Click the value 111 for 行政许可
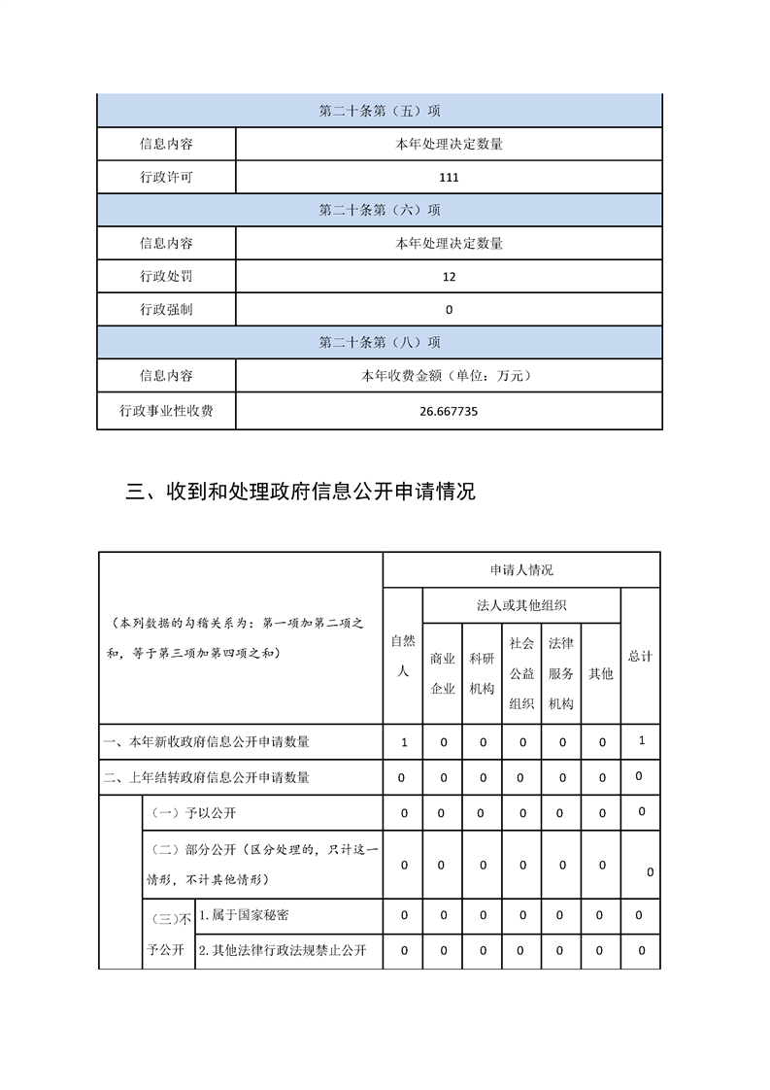tap(449, 178)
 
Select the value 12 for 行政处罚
tap(449, 277)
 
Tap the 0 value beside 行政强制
tap(449, 310)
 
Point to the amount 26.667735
tap(449, 411)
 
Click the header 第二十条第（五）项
tap(380, 111)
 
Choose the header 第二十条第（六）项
tap(380, 210)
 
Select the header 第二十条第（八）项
tap(380, 343)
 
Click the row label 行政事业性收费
tap(166, 411)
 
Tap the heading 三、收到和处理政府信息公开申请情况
tap(301, 493)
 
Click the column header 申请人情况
tap(521, 570)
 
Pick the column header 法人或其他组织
tap(521, 605)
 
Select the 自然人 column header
tap(403, 656)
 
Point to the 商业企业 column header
tap(443, 673)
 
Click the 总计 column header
tap(640, 657)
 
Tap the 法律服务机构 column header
tap(560, 673)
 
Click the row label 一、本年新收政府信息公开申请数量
tap(207, 742)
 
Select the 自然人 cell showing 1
tap(404, 742)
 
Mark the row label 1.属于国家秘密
tap(242, 915)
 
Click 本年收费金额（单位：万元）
tap(449, 375)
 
